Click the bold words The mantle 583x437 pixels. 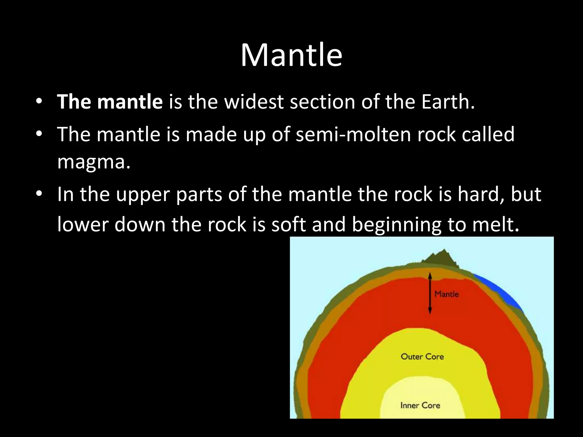point(110,102)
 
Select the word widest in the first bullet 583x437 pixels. point(254,102)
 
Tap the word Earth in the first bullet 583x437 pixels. point(446,102)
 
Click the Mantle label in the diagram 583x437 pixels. point(446,294)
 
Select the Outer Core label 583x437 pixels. point(422,356)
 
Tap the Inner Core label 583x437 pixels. point(420,405)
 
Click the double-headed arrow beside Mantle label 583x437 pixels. point(430,293)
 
